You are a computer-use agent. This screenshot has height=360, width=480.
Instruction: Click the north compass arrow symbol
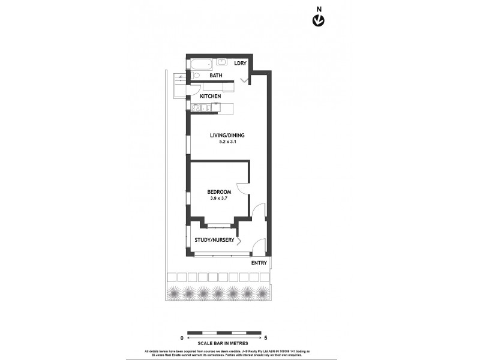click(x=319, y=21)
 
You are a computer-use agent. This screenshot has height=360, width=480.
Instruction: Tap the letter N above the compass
click(x=319, y=8)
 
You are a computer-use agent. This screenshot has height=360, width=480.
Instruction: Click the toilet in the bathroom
click(x=196, y=76)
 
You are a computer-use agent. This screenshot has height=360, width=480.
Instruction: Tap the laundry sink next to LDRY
click(x=221, y=61)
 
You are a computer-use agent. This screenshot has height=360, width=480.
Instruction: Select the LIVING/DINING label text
click(x=227, y=135)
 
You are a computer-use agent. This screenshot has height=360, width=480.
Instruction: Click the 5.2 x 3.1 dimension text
click(x=227, y=143)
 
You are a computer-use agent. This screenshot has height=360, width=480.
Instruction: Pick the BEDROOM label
click(x=219, y=191)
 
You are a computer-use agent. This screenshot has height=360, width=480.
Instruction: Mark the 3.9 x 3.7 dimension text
click(x=219, y=198)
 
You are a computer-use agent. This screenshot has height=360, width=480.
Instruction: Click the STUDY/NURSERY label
click(x=214, y=240)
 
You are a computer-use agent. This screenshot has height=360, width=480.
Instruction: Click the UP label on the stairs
click(x=179, y=77)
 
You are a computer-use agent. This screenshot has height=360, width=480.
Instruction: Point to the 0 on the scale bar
click(x=182, y=338)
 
